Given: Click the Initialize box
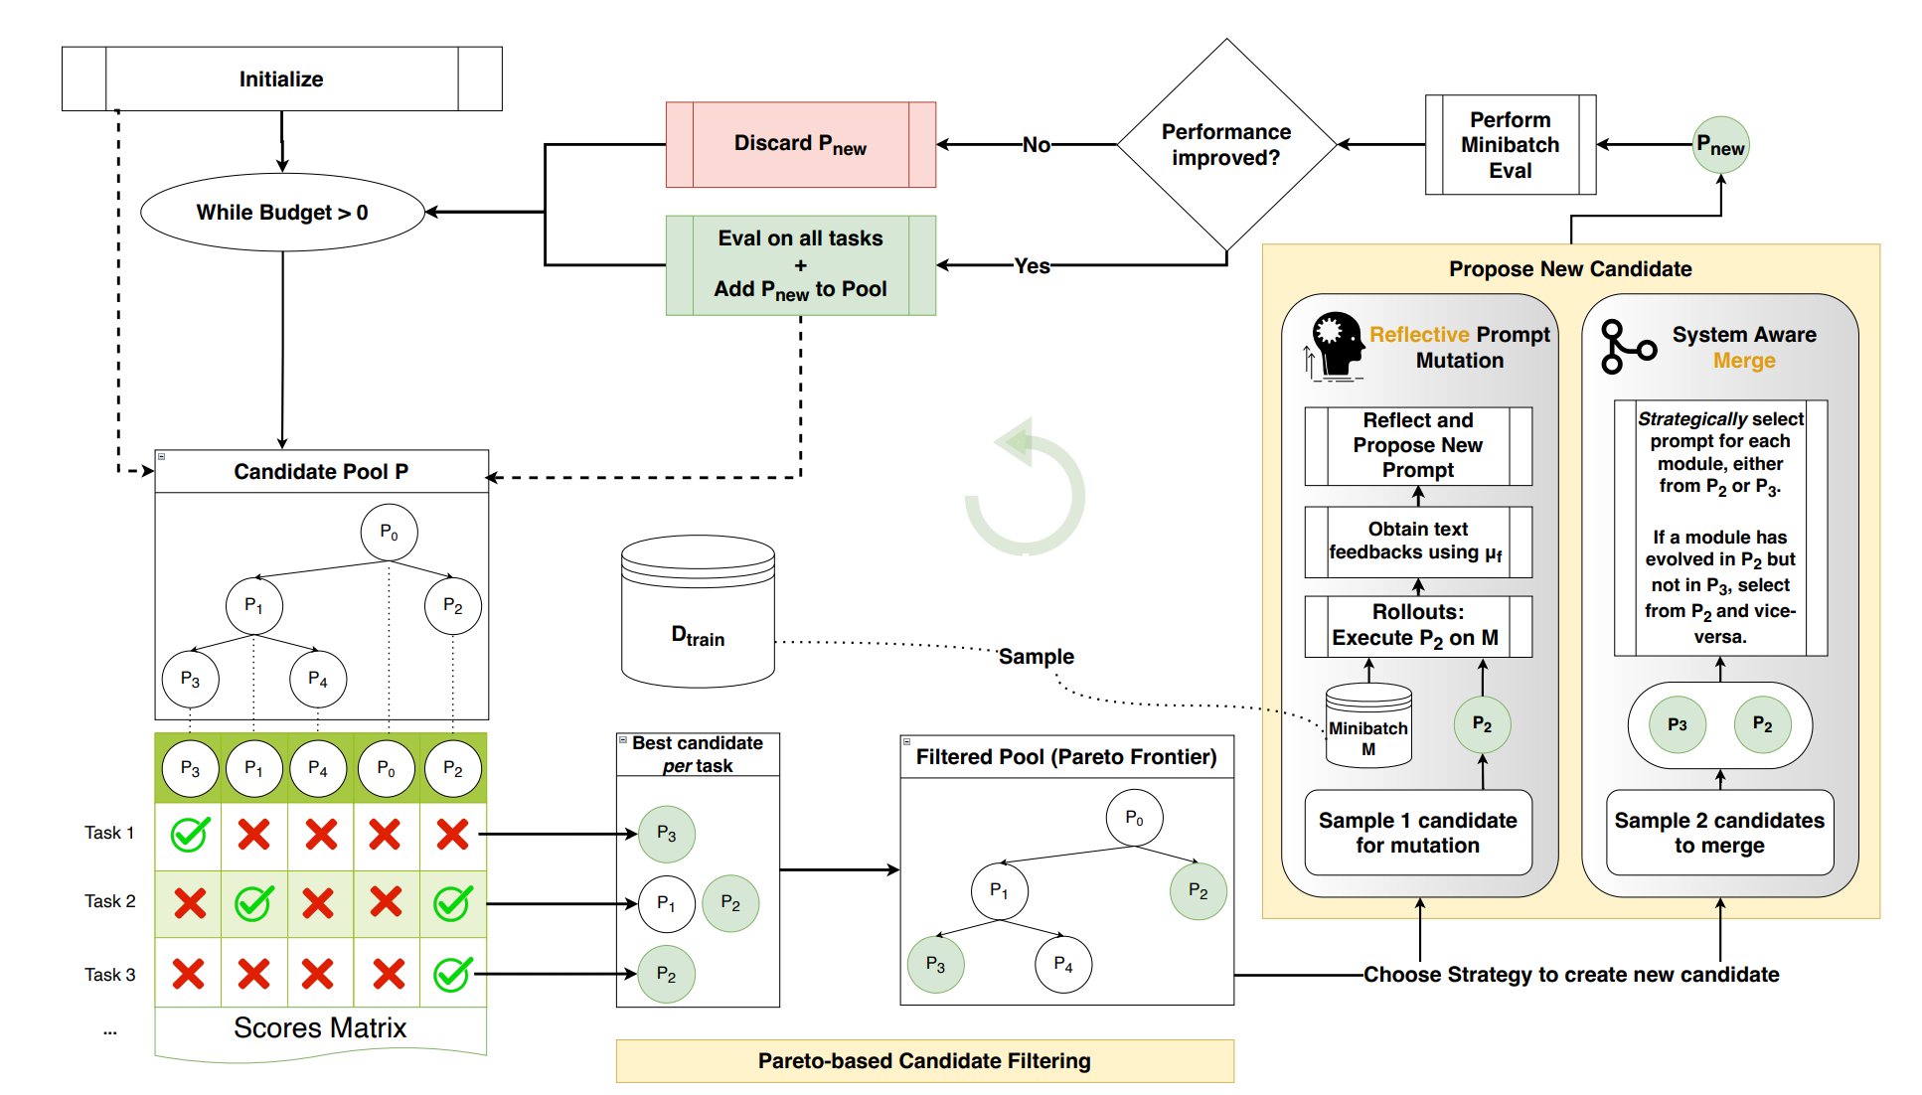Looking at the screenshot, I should [x=281, y=78].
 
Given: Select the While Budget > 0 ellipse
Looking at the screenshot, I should [x=282, y=212].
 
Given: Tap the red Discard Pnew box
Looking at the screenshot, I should [x=800, y=144].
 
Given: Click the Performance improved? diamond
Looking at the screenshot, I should [x=1226, y=145].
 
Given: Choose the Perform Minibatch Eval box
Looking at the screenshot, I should [x=1510, y=145].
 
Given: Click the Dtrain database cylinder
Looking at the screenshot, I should [x=698, y=612].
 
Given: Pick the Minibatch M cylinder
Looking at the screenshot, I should [x=1368, y=726].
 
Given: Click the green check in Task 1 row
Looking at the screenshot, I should [x=189, y=834].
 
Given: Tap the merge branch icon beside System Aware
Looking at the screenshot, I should [x=1627, y=347].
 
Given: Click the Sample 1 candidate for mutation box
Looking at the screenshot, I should [x=1417, y=833].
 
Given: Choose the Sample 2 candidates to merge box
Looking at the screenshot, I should [x=1719, y=833].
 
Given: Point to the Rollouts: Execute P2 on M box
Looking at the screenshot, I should [x=1417, y=626].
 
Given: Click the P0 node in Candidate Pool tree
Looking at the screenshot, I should [x=389, y=533].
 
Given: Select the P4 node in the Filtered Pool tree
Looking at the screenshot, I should [x=1063, y=964].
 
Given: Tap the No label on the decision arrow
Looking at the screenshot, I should [x=1036, y=145].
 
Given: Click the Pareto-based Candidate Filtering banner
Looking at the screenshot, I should [x=924, y=1061].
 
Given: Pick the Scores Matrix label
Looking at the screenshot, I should [x=320, y=1027].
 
